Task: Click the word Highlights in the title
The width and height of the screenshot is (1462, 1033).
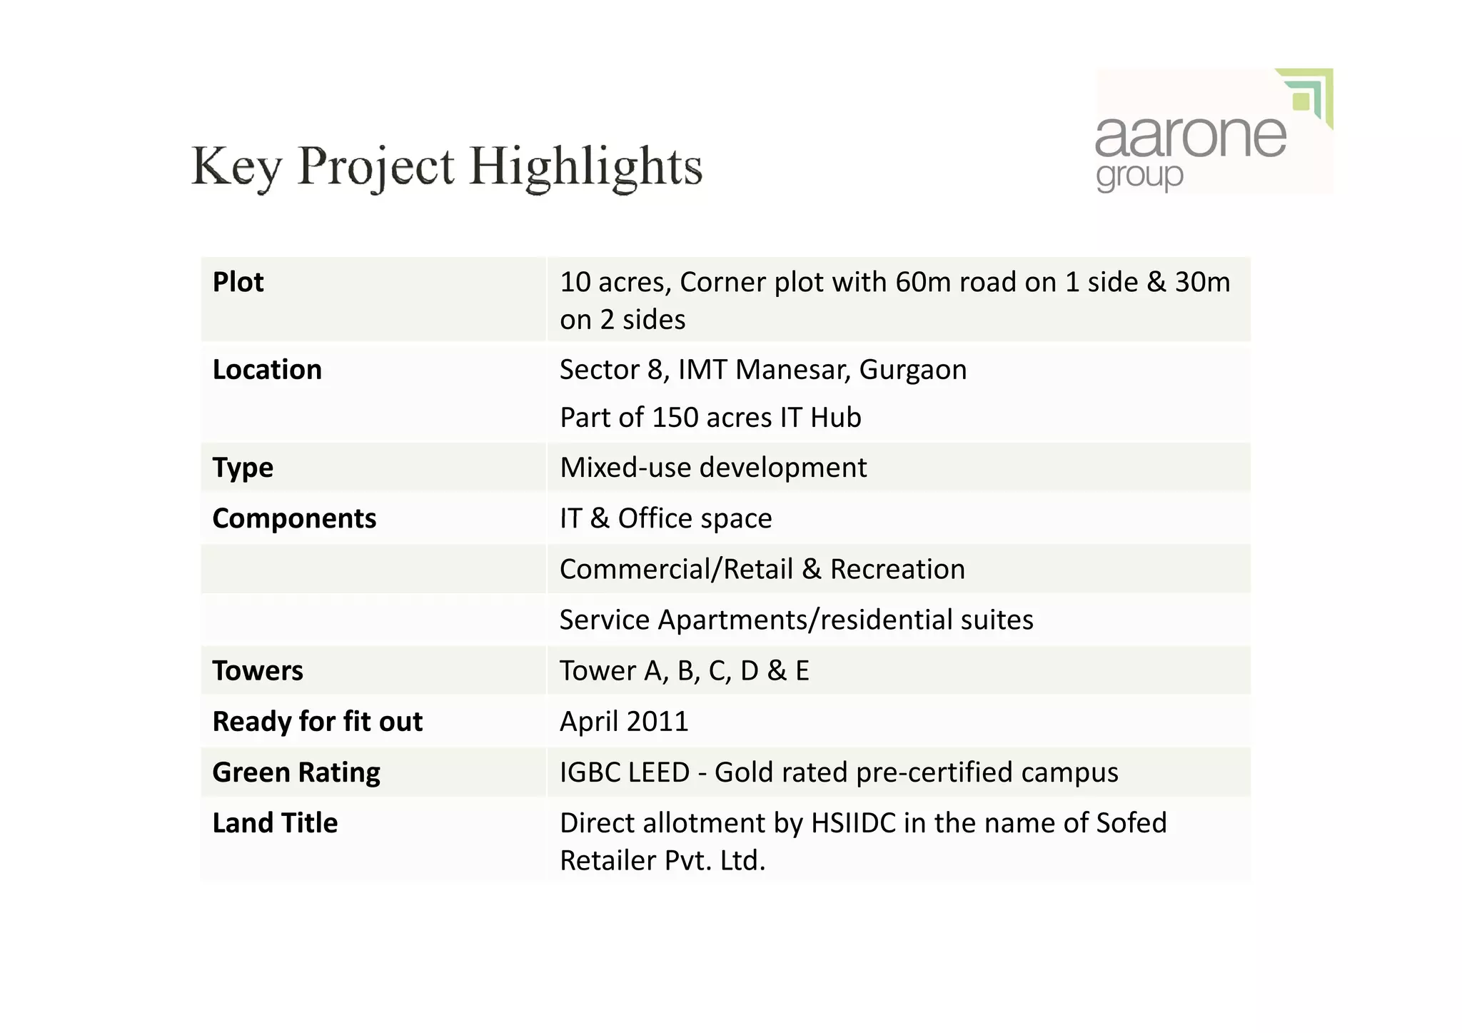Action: (x=585, y=167)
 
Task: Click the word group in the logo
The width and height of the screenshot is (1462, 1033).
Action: (x=1139, y=176)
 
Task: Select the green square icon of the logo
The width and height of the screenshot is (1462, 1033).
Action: (x=1301, y=101)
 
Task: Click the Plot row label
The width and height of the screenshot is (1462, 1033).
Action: (x=238, y=283)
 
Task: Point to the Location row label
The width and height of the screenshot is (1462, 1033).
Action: (x=267, y=370)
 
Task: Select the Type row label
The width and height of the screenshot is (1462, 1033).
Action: (x=243, y=468)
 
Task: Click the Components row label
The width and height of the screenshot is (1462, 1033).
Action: (x=294, y=518)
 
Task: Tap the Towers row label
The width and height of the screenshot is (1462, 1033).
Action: (x=258, y=671)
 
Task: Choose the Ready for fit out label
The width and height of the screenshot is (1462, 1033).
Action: (x=318, y=722)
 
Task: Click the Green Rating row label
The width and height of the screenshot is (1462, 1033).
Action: (x=296, y=772)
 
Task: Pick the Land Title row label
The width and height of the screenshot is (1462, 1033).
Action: (x=275, y=823)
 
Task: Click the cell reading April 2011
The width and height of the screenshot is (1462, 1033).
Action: (x=624, y=722)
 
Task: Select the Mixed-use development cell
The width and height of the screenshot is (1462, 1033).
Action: (x=713, y=468)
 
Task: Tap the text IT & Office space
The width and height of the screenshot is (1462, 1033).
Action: (x=665, y=518)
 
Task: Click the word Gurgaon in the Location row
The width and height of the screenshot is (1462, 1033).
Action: (x=912, y=370)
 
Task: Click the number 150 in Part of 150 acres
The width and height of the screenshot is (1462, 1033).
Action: (x=674, y=418)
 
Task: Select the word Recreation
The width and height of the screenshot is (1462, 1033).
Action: (x=897, y=570)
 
